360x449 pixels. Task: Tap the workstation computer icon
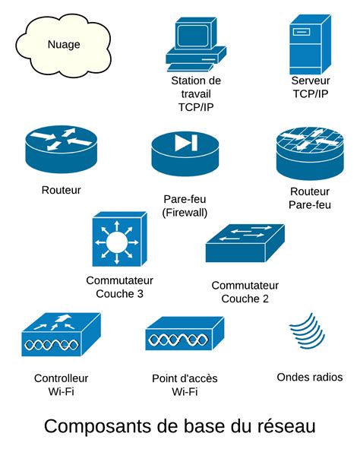coord(195,46)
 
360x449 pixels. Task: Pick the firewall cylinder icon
coord(185,153)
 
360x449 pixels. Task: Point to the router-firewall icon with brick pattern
coord(309,150)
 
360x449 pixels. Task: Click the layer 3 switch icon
coord(118,239)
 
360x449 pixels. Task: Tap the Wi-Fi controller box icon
coord(60,335)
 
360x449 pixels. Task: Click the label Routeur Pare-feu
coord(310,198)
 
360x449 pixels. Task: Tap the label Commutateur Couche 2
coord(245,292)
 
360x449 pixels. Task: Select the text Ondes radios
coord(310,378)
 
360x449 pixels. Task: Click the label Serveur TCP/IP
coord(310,87)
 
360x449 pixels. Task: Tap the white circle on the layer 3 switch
coord(118,242)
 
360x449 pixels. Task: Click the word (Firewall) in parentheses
coord(185,213)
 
